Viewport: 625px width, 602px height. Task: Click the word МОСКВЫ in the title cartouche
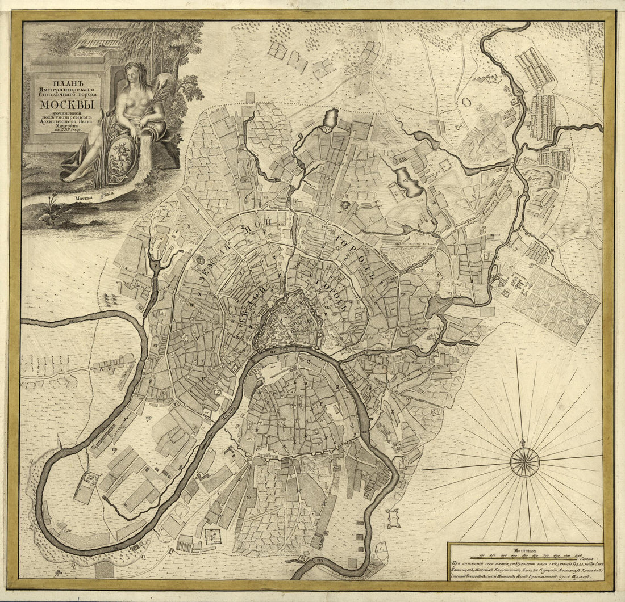tap(63, 91)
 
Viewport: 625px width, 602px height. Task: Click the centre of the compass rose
tap(524, 461)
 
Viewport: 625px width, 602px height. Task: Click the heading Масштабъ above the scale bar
tap(525, 549)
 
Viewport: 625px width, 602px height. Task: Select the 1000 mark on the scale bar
tap(578, 557)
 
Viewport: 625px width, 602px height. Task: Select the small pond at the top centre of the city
tap(330, 119)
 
